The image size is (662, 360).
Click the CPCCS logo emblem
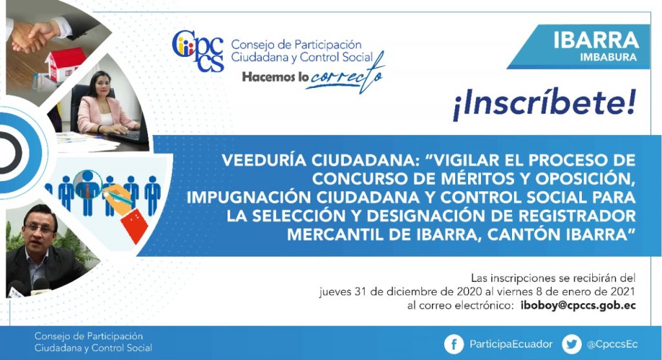click(198, 50)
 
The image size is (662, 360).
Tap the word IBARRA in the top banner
click(595, 40)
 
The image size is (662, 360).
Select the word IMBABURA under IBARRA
click(608, 57)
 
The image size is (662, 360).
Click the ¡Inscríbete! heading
click(544, 104)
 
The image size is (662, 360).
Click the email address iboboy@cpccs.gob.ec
click(578, 305)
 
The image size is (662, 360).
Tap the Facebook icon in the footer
click(454, 344)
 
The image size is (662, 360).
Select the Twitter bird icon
click(571, 344)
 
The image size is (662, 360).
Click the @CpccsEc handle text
click(612, 344)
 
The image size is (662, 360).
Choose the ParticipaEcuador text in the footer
click(511, 344)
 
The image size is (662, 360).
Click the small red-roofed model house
click(65, 63)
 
